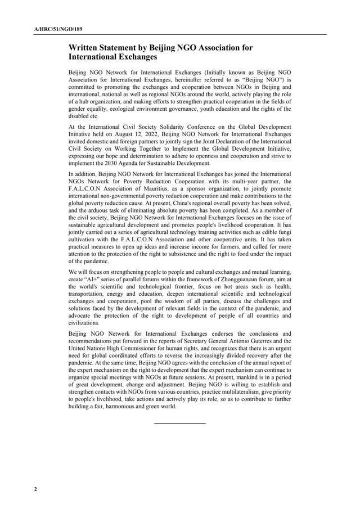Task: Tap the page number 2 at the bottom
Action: tap(35, 489)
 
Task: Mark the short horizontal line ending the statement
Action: tap(179, 422)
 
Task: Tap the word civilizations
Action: tap(83, 323)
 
